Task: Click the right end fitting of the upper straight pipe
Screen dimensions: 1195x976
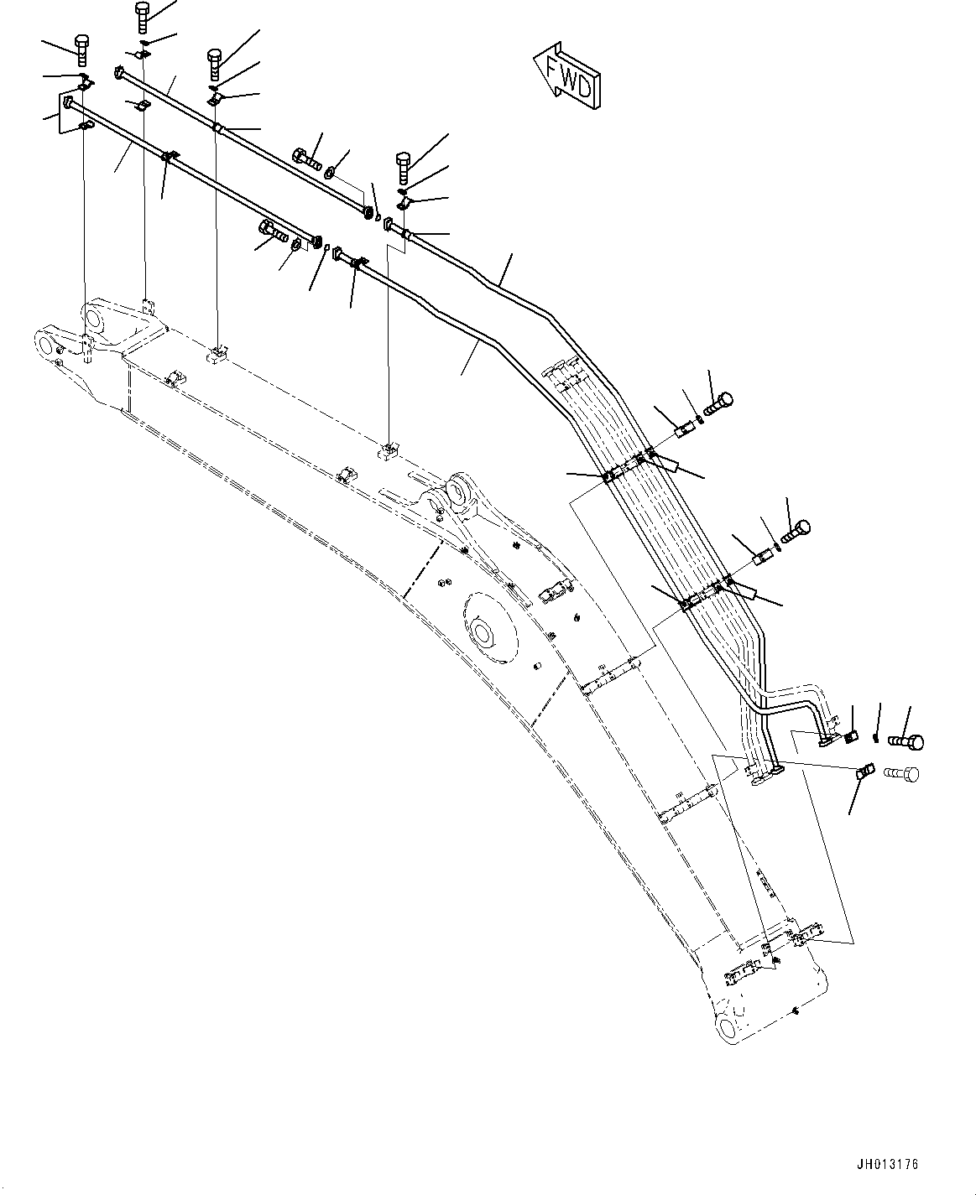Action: (x=368, y=214)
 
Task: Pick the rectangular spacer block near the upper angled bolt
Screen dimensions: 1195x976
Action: (x=683, y=431)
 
